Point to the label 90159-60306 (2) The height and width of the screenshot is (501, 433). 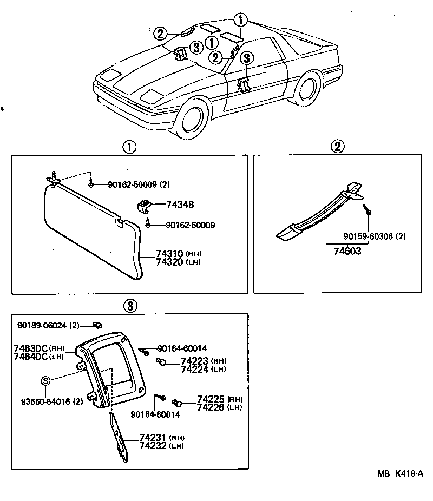click(375, 236)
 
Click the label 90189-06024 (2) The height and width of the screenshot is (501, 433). click(48, 325)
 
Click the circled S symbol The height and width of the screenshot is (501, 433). click(45, 381)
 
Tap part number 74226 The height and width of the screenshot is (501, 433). click(211, 407)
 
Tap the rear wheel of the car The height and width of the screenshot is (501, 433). click(307, 89)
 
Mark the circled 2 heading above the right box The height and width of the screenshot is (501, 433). click(337, 146)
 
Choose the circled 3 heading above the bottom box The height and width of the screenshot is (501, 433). click(130, 306)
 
